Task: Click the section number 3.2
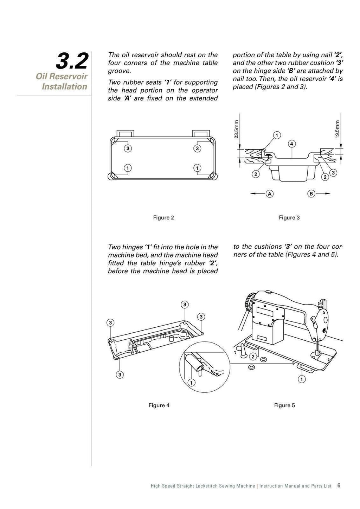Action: click(72, 61)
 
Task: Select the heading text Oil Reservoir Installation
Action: click(62, 81)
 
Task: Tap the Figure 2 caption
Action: click(163, 217)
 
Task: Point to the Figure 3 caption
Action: click(289, 217)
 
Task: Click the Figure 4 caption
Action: click(159, 405)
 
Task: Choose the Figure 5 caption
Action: click(284, 405)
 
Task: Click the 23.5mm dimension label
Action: click(237, 129)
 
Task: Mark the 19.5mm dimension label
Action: click(337, 129)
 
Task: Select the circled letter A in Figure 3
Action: click(270, 194)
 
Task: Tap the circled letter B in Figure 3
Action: click(311, 194)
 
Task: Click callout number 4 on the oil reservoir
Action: click(291, 144)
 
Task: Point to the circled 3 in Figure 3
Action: click(333, 172)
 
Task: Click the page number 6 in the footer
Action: click(339, 485)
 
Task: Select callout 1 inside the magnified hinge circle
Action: click(192, 382)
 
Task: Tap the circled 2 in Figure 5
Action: click(252, 357)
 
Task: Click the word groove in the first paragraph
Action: click(119, 71)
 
